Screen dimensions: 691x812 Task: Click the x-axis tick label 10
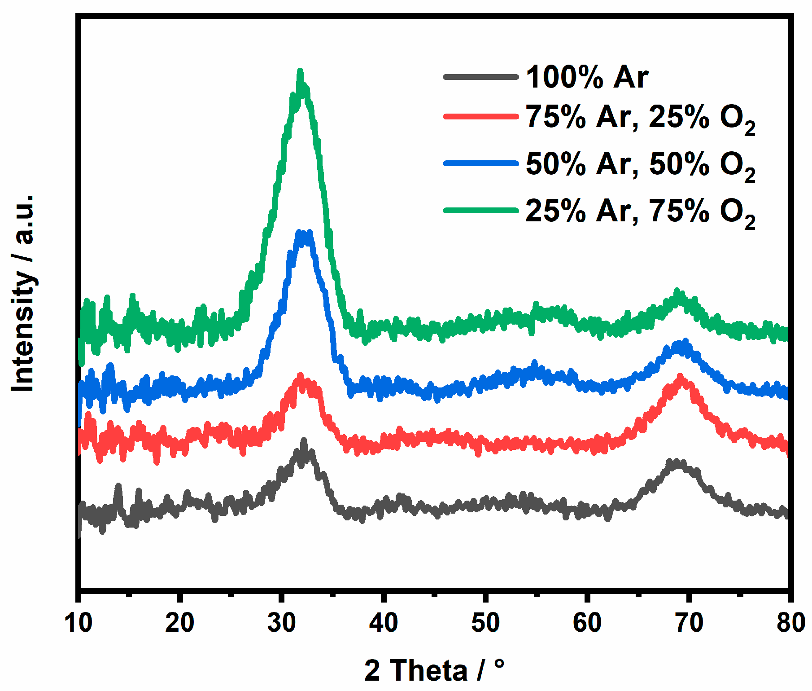(x=79, y=623)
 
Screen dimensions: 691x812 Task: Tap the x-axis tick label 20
(x=180, y=623)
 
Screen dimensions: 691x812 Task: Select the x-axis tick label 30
(x=282, y=623)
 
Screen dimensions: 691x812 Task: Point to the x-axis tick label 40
(x=384, y=623)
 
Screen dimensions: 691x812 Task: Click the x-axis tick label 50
(x=485, y=623)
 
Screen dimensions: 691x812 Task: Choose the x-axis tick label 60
(x=587, y=623)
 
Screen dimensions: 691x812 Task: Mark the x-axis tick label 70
(x=689, y=623)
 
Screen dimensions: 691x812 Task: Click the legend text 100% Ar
(x=587, y=77)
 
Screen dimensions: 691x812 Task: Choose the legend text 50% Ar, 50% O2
(x=640, y=165)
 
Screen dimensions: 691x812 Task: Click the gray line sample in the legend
(x=480, y=77)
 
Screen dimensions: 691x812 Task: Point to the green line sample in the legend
(x=480, y=210)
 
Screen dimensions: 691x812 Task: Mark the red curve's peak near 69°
(x=681, y=377)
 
